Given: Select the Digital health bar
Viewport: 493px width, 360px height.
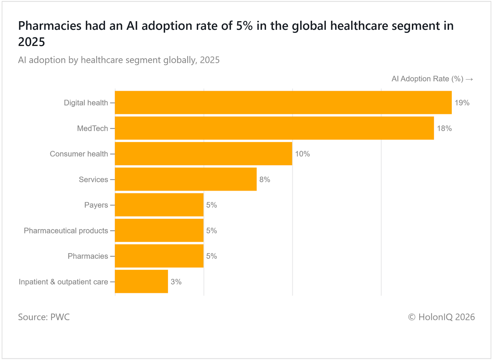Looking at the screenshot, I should tap(283, 103).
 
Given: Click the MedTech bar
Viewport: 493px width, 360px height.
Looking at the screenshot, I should tap(274, 128).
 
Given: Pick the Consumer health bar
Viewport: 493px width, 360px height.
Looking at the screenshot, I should tap(203, 154).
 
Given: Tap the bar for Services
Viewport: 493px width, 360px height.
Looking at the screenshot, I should tap(185, 179).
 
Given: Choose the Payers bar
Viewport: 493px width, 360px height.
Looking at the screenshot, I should tap(159, 205).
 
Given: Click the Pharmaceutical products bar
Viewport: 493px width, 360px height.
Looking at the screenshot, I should tap(159, 230).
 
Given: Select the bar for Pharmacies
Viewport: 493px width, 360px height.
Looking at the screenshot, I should tap(159, 256).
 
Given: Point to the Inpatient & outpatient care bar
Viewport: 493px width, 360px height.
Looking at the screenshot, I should tap(141, 281).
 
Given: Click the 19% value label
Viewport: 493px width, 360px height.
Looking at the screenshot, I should tap(462, 103).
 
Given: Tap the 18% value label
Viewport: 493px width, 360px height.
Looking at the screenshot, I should tap(444, 128).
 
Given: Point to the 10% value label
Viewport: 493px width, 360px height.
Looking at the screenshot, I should tap(302, 154).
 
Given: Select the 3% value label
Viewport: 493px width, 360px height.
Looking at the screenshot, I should tap(176, 282).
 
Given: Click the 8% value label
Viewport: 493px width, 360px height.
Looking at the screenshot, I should tap(265, 180).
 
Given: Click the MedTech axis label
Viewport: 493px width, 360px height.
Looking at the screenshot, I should tap(92, 128).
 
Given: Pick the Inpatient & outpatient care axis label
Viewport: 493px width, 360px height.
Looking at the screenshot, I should tap(63, 282).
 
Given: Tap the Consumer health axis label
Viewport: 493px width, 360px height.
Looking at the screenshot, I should tap(79, 154).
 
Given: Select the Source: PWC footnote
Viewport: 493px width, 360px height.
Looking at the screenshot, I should tap(44, 317).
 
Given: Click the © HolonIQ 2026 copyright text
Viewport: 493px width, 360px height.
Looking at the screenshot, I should tap(441, 317).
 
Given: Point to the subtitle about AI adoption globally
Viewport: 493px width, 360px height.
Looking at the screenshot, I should tap(119, 60).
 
